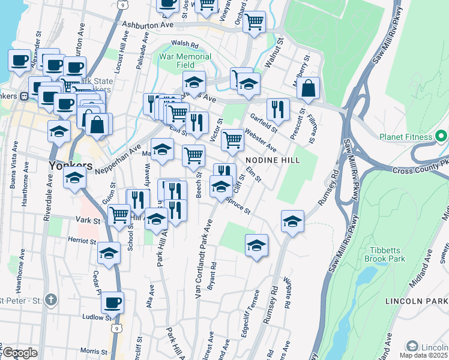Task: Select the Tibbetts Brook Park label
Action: (385, 254)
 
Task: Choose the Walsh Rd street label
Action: (184, 44)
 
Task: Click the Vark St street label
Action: (89, 221)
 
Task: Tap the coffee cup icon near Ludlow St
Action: (112, 302)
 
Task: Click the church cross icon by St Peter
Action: (52, 299)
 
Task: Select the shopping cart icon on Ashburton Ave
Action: (255, 22)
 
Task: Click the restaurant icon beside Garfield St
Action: (278, 109)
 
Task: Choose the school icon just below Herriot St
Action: (109, 254)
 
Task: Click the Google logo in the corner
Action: (20, 353)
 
